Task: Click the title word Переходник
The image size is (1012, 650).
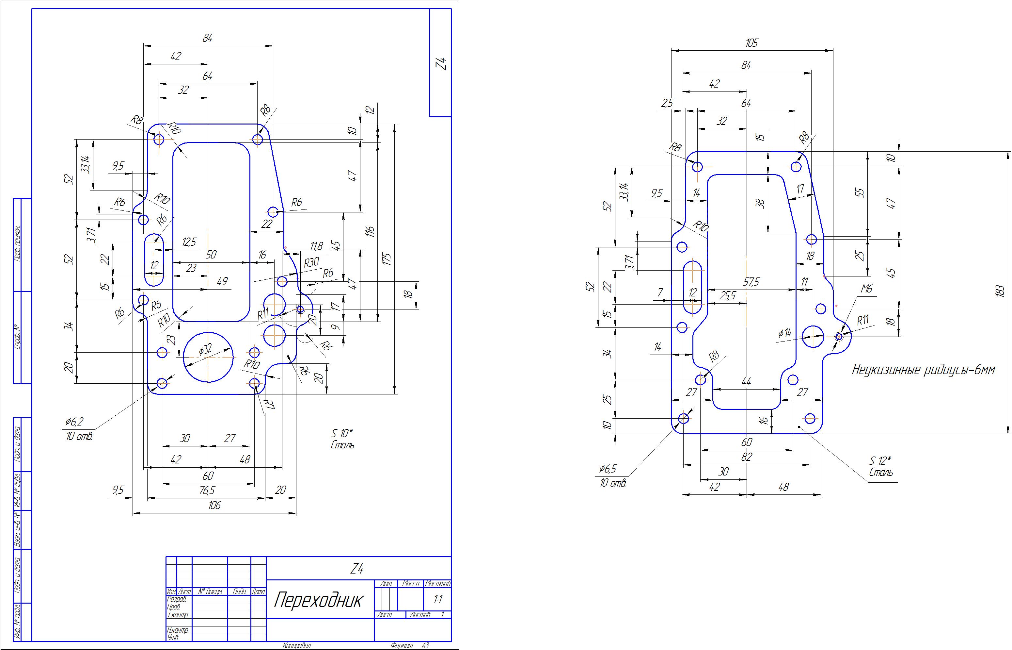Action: tap(318, 599)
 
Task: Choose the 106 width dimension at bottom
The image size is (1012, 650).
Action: tap(214, 505)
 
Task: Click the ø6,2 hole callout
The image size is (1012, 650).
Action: tap(74, 421)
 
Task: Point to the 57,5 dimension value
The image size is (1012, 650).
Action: tap(751, 282)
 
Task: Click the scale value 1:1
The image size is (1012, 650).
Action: tap(437, 599)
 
